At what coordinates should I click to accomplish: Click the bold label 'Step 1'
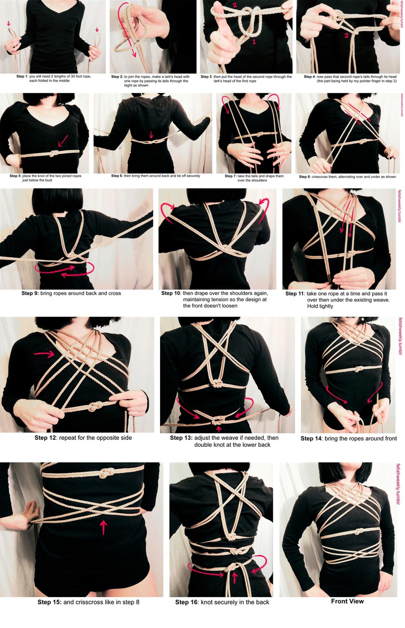pyautogui.click(x=22, y=76)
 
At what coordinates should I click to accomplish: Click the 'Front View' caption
pyautogui.click(x=347, y=601)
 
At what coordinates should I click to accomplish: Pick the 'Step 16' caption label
pyautogui.click(x=186, y=602)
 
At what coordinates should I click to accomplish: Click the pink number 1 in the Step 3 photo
pyautogui.click(x=254, y=42)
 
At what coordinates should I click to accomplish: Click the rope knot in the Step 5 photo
pyautogui.click(x=53, y=153)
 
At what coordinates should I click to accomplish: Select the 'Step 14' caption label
pyautogui.click(x=311, y=439)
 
